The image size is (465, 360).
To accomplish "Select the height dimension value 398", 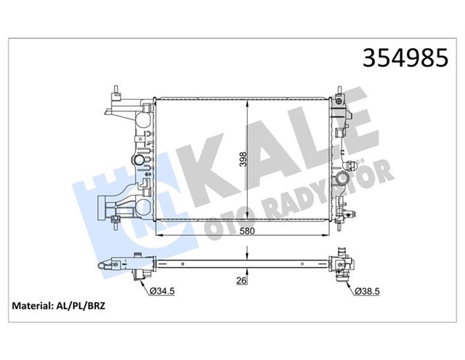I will click(242, 158).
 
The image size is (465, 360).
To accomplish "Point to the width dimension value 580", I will click(246, 231).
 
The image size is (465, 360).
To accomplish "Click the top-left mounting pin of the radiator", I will click(116, 91).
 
